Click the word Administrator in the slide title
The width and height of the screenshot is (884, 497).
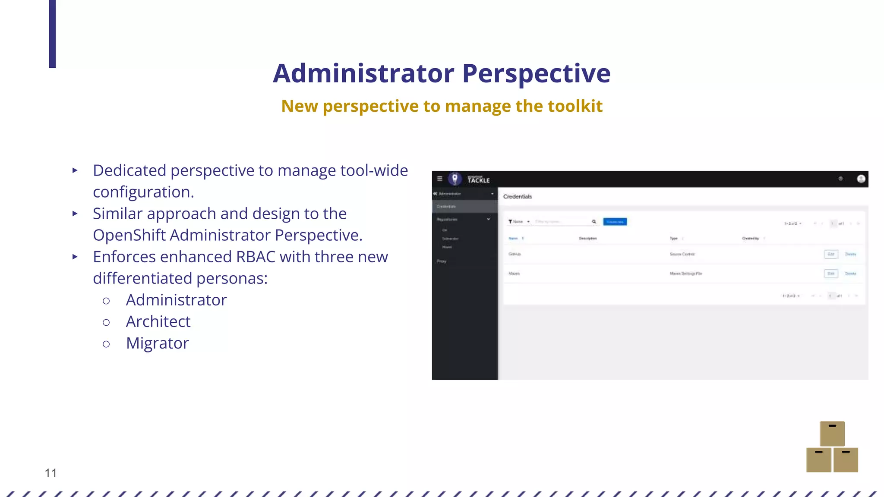pos(363,73)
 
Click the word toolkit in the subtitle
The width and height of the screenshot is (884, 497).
pos(575,106)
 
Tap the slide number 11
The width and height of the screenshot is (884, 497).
pos(51,473)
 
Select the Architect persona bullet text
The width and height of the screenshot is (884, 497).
pos(158,321)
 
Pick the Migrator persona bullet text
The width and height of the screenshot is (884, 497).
pos(157,343)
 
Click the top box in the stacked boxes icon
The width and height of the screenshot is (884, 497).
pos(832,433)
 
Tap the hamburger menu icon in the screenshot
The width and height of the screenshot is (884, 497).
pos(439,179)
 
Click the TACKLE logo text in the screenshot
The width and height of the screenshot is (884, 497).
pos(479,180)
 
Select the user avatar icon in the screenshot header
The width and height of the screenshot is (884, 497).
pos(861,179)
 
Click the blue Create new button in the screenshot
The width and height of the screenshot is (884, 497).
pos(615,222)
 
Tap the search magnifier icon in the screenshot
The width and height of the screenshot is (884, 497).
pos(594,222)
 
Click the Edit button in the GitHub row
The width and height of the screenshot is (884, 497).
pos(830,254)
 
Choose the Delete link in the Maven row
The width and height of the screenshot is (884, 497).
pos(850,274)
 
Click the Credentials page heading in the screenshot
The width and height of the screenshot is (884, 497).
pos(517,197)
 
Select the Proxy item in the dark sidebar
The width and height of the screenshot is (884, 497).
pos(441,261)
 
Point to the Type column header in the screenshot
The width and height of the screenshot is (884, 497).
pos(673,238)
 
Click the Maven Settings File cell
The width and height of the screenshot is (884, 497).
pos(685,274)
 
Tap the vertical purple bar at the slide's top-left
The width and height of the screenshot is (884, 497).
pos(52,34)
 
